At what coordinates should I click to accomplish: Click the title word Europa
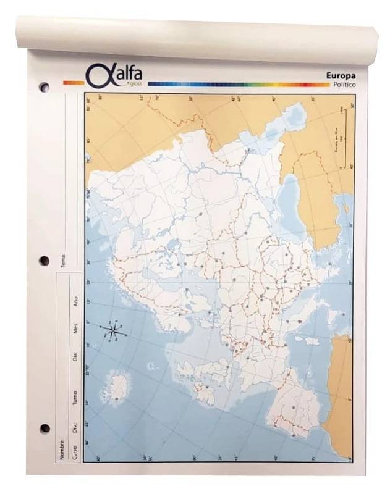point(340,75)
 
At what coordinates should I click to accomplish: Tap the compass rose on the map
point(114,331)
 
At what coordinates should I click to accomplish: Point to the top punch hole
point(44,88)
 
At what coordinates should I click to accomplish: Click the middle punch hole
point(45,260)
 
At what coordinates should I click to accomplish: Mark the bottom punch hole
point(45,428)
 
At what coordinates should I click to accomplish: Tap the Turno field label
point(75,397)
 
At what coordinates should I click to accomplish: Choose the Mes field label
point(75,328)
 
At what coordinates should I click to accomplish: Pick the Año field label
point(75,301)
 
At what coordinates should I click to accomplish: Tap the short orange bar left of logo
point(73,82)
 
